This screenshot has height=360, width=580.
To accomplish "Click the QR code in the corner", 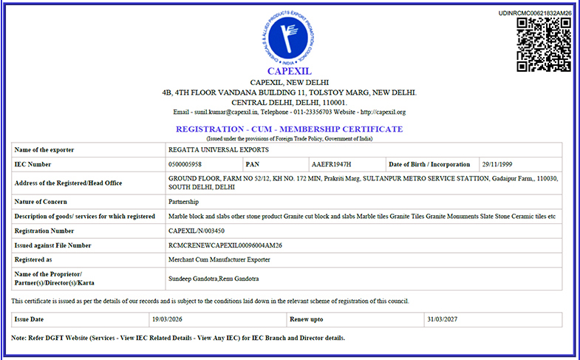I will (x=544, y=44).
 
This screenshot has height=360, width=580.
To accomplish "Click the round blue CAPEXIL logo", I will (x=289, y=35).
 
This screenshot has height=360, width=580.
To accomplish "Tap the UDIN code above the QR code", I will (x=534, y=13).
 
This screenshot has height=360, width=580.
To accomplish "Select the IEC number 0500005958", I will (x=185, y=164).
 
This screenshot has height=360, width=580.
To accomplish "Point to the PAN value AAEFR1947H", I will (x=331, y=164).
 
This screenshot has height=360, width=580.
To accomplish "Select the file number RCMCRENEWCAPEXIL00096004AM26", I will (x=225, y=245).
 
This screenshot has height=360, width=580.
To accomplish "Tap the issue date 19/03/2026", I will (x=168, y=319).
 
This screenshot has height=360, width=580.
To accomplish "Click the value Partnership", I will (x=184, y=201).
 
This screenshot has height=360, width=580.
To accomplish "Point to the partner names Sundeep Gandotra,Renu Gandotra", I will (x=215, y=278).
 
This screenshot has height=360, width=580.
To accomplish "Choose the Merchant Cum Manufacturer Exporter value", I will (x=219, y=259).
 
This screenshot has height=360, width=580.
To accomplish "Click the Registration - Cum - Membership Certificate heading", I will (x=289, y=129).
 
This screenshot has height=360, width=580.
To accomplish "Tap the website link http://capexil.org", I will (x=382, y=112).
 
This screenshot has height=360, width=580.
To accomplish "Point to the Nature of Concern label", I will (x=41, y=201).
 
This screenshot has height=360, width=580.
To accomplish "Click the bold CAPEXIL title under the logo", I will (x=289, y=71).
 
